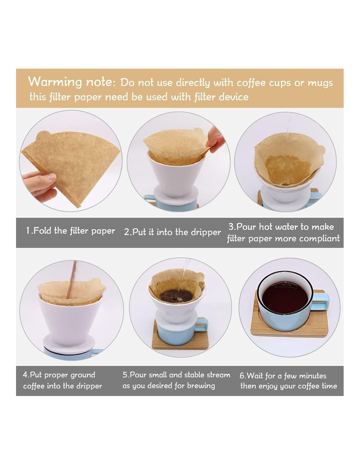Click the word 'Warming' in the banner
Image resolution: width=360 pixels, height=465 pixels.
[55, 82]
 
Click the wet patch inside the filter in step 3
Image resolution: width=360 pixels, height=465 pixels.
[288, 170]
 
